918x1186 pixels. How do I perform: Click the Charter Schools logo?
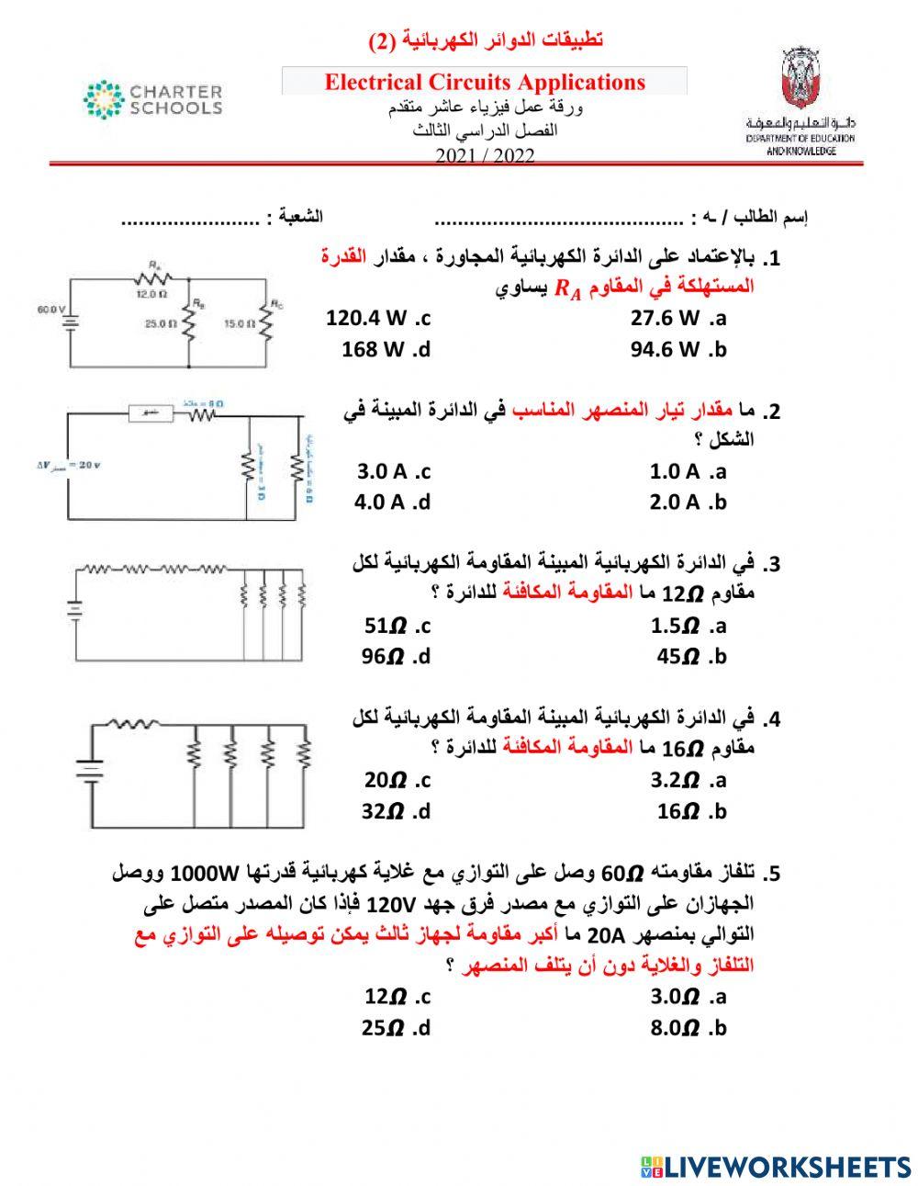(152, 100)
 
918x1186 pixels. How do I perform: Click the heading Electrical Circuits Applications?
(485, 82)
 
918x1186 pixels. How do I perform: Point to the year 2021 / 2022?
(485, 155)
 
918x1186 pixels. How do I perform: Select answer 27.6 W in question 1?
(677, 319)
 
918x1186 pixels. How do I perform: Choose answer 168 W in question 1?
(386, 349)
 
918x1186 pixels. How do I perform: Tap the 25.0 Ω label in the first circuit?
(159, 323)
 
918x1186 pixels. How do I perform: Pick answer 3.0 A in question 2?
(393, 472)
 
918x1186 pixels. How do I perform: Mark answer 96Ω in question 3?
(396, 657)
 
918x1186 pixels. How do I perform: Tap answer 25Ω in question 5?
(396, 1028)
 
